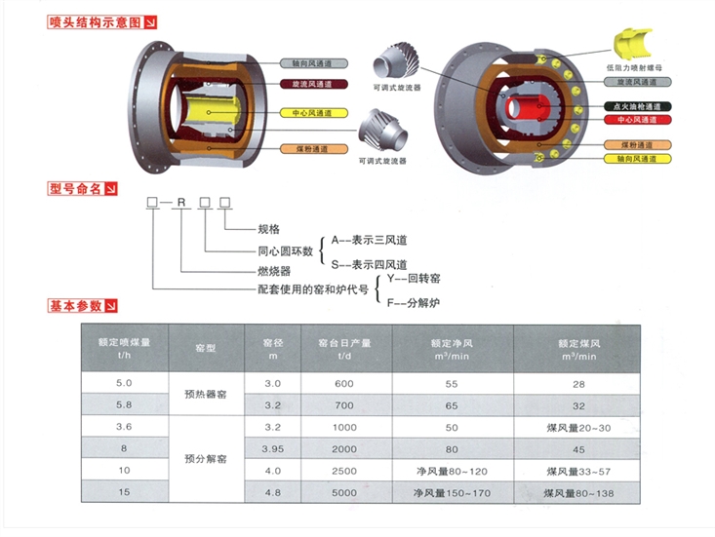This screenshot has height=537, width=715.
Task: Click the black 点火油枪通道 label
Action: [638, 106]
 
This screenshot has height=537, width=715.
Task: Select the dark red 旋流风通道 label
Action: [314, 84]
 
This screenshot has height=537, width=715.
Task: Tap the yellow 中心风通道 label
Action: [314, 113]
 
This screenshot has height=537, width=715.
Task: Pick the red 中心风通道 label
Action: [638, 120]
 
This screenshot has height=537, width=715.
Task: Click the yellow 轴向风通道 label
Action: [638, 159]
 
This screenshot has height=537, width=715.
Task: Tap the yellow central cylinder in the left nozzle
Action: [210, 112]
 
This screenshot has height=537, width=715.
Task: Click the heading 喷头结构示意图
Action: [96, 21]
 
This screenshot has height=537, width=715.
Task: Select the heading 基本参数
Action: [76, 306]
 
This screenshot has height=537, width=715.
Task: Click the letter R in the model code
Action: [181, 203]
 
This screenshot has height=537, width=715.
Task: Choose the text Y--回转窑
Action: [414, 279]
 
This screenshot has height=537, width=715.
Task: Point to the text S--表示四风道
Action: [369, 265]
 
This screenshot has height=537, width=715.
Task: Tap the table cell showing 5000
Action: [344, 492]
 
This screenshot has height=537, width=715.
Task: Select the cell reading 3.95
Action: [273, 449]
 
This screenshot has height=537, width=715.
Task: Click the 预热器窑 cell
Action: [206, 394]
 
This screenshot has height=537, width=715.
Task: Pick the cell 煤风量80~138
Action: [578, 493]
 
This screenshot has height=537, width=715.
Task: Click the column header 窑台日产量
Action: [344, 349]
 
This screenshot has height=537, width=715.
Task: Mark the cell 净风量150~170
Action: [452, 493]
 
